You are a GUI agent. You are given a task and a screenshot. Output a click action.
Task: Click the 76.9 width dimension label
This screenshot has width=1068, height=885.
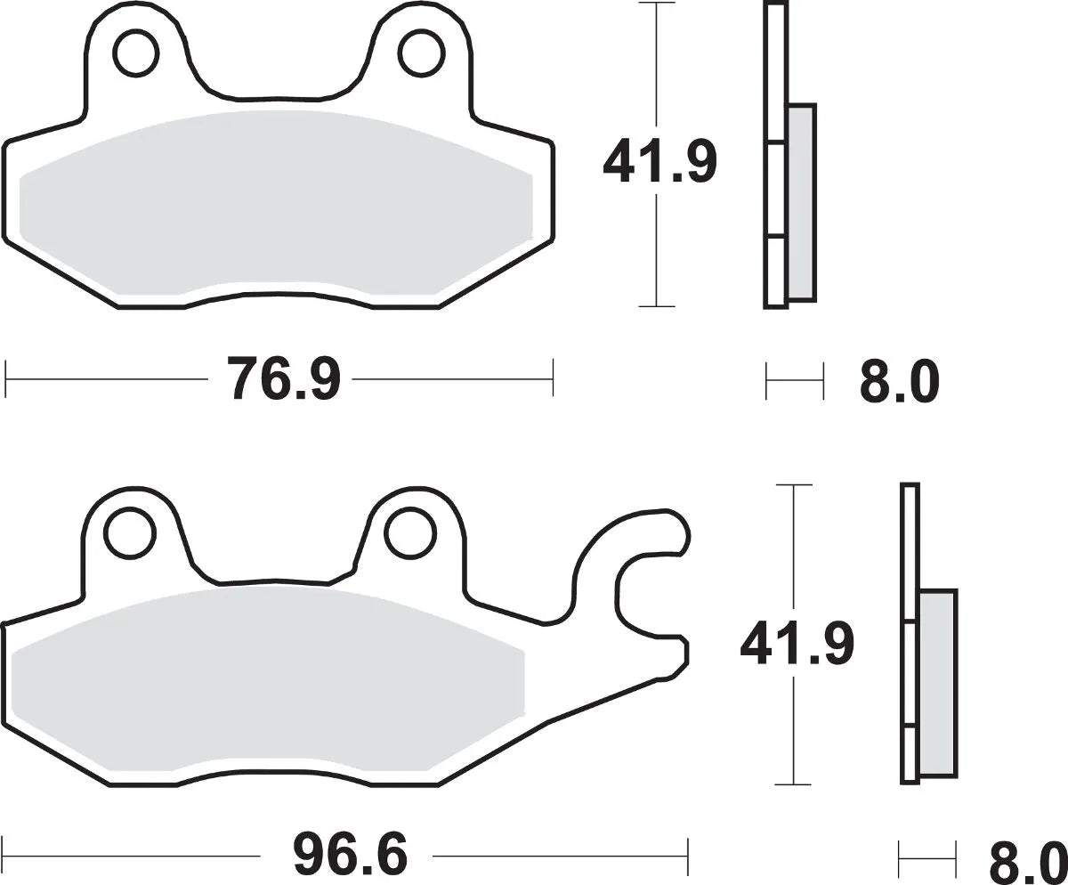coord(283,379)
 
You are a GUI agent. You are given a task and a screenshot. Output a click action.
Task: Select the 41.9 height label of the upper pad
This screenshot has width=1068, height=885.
coord(658,161)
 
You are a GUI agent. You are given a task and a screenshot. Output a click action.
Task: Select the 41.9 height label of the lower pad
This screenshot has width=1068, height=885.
coord(796,644)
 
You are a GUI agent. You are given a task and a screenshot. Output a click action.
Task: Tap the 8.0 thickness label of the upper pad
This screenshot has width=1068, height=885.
coord(899,382)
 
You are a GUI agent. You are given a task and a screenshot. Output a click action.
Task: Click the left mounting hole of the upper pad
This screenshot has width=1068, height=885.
coord(133,53)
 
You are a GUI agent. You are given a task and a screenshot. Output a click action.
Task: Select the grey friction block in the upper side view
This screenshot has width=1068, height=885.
coord(801,202)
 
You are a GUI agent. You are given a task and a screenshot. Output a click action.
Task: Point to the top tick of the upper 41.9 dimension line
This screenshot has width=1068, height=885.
coord(657,4)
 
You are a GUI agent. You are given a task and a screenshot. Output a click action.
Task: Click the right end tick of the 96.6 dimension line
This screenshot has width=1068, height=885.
coord(687,857)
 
